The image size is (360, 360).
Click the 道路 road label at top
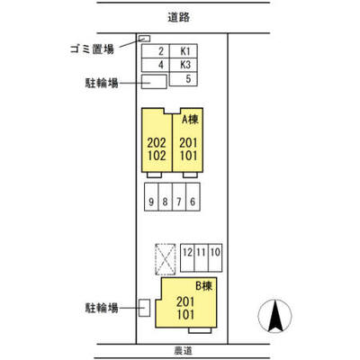(x=178, y=17)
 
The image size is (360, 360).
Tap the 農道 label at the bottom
(x=183, y=350)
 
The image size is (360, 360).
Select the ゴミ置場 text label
(x=92, y=49)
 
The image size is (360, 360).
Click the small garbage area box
(x=145, y=39)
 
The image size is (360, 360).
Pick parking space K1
(x=183, y=51)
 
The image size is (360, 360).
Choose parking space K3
(x=183, y=65)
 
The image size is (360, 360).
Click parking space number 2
(x=156, y=51)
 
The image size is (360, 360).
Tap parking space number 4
(x=156, y=65)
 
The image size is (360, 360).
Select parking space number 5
(x=183, y=79)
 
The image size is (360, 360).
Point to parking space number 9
(x=151, y=197)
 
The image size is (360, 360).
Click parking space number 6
(x=193, y=197)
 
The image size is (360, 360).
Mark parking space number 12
(x=187, y=258)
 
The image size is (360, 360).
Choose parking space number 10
(x=215, y=258)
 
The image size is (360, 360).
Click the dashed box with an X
(x=166, y=259)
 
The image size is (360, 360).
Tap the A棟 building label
(x=190, y=120)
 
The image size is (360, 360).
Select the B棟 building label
(x=203, y=286)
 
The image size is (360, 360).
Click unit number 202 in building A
(x=157, y=143)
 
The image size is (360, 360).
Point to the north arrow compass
(x=275, y=316)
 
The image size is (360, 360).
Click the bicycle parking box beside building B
(x=144, y=308)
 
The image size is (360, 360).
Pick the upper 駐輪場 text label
(x=102, y=83)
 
